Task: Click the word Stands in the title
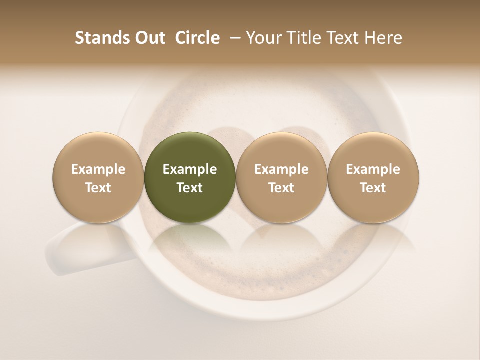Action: coord(99,38)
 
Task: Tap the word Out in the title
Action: coord(148,38)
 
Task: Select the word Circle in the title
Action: coord(197,38)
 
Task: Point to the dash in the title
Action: coord(233,38)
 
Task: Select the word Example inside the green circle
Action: coord(189,169)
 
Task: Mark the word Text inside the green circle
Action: coord(189,188)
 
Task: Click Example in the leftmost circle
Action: coord(98,169)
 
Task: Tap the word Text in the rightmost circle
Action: coord(373,188)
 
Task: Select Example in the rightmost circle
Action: coord(373,169)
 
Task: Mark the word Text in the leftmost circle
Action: coord(98,188)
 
